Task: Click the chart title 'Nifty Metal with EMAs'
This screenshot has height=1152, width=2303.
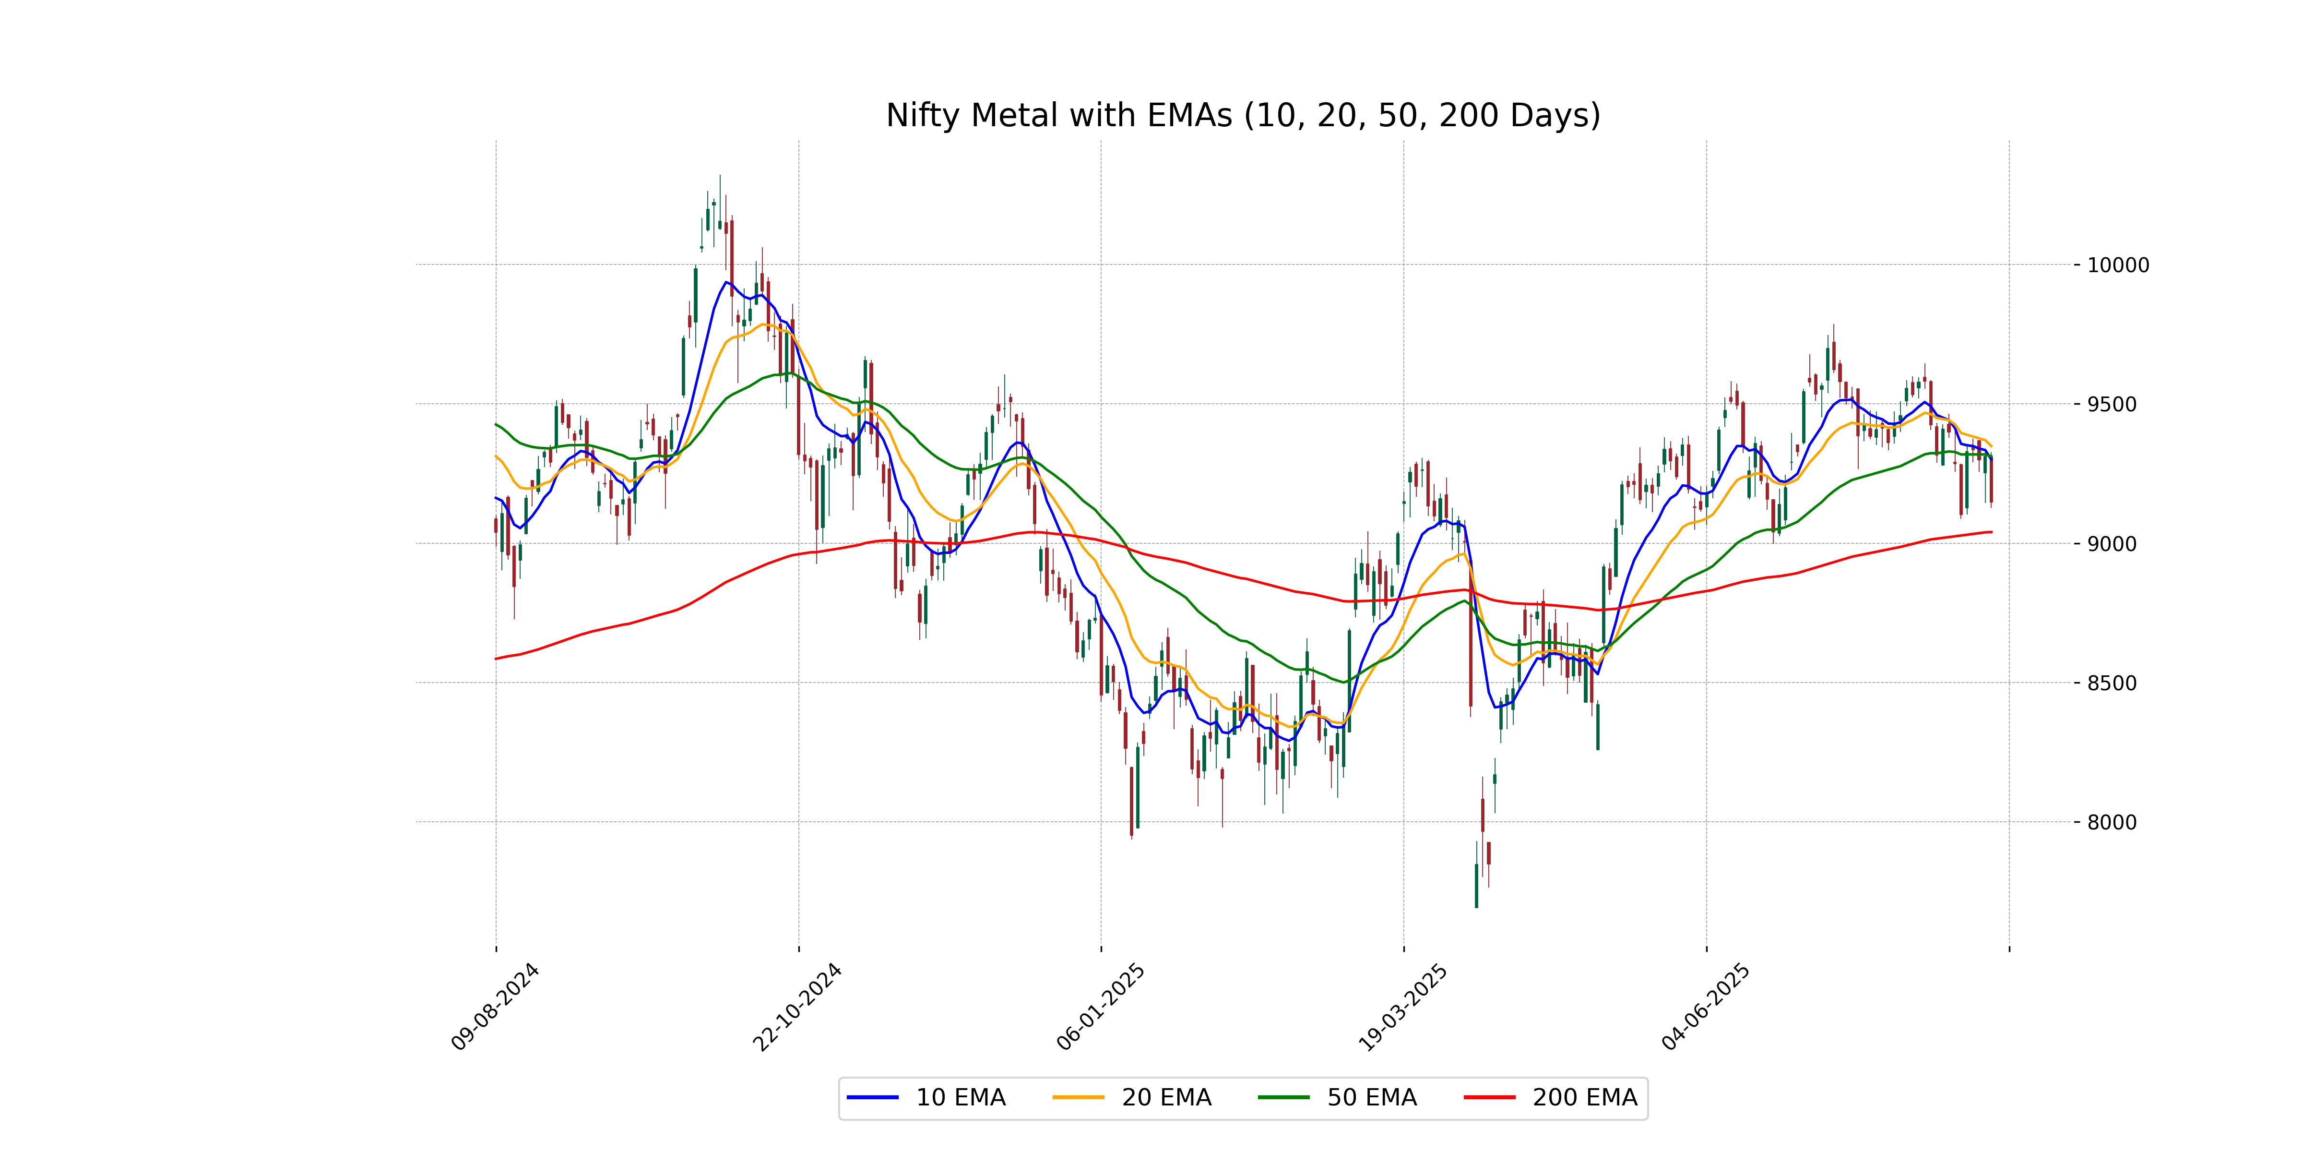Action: pyautogui.click(x=1243, y=115)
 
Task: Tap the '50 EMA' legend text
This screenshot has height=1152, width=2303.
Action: pyautogui.click(x=1371, y=1097)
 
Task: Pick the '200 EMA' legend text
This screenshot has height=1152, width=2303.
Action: pyautogui.click(x=1584, y=1097)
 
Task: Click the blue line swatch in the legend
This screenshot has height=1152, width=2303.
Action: pyautogui.click(x=873, y=1097)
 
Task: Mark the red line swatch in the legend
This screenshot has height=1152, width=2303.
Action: pyautogui.click(x=1489, y=1097)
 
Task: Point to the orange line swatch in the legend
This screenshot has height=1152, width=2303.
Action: pyautogui.click(x=1078, y=1097)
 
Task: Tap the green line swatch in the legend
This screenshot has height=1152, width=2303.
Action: pyautogui.click(x=1284, y=1097)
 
